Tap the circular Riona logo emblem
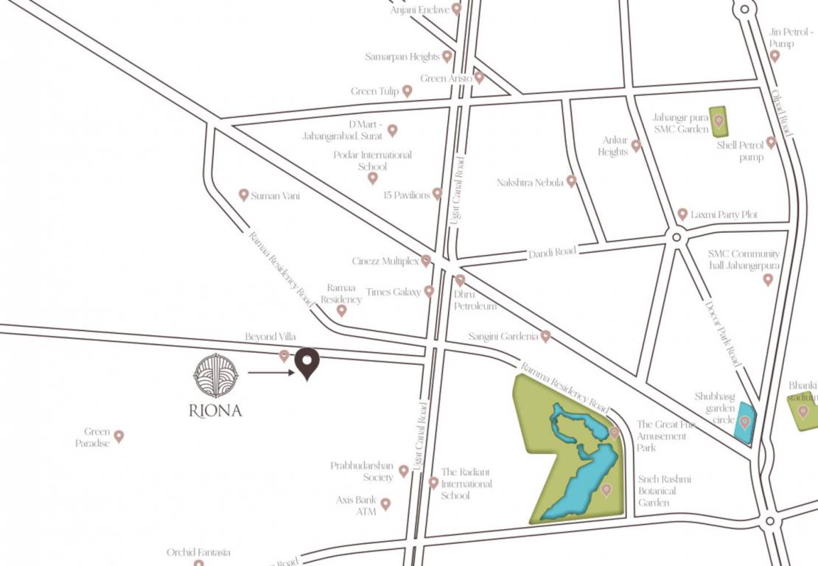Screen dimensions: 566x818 216,376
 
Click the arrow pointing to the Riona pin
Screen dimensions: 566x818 270,373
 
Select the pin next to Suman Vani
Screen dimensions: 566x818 244,195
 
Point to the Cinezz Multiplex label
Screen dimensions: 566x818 385,262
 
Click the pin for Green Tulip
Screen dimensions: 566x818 407,91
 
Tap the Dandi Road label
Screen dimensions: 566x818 552,252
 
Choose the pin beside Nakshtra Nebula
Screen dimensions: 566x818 571,181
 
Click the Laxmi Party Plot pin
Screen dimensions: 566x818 682,214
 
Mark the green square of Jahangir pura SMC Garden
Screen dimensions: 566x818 719,122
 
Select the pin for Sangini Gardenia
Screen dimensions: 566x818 545,336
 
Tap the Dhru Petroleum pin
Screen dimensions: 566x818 460,280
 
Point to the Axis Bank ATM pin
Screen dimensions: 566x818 385,504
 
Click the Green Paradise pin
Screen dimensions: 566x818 118,436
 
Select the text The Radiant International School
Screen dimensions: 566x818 466,483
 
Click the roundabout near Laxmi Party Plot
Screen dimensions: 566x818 676,237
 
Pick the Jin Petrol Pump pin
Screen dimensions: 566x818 775,55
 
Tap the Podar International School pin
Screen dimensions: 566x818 373,178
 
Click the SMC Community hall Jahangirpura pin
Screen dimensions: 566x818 768,279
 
